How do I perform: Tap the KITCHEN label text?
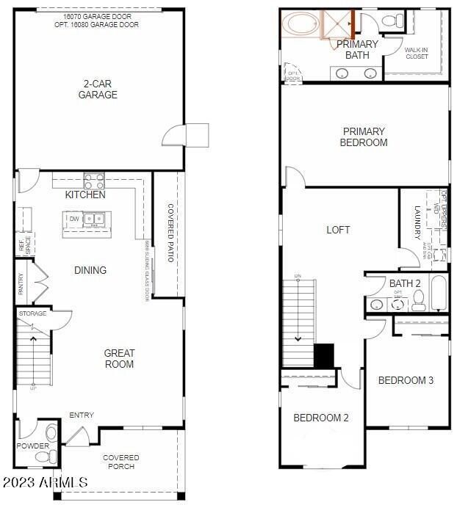[x=85, y=195]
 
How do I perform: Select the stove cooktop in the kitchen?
[x=94, y=181]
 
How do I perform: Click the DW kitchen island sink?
[x=93, y=219]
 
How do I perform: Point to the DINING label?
[x=90, y=270]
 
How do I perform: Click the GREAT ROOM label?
[x=118, y=358]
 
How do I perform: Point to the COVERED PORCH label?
[x=121, y=462]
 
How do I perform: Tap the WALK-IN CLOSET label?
[x=416, y=53]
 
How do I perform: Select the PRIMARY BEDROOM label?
[x=364, y=137]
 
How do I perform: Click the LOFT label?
[x=338, y=230]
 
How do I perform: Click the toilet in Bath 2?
[x=418, y=299]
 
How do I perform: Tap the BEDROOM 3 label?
[x=406, y=380]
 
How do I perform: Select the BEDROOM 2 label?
[x=321, y=418]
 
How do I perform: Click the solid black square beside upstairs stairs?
[x=323, y=355]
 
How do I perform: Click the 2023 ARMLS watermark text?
[x=45, y=482]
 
